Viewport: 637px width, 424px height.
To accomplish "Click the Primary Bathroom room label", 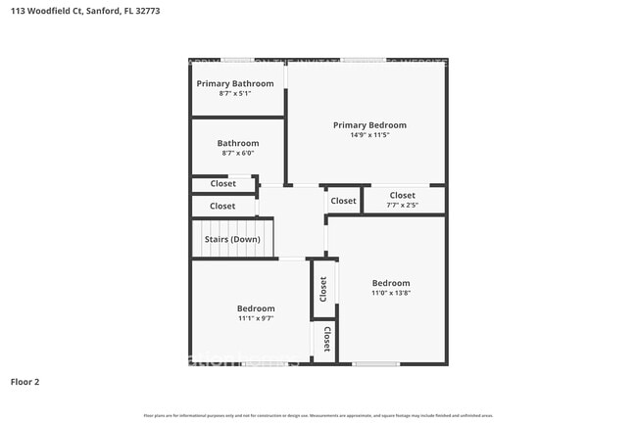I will tap(235, 83).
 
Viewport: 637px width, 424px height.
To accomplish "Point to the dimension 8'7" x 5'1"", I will tap(235, 94).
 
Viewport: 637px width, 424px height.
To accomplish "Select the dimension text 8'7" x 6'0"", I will tap(238, 154).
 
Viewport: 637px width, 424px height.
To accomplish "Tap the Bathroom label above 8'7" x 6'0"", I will tap(238, 143).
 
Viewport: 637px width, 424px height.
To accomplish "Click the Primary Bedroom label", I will tap(369, 124).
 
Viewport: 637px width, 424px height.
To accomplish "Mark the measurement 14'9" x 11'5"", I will tap(369, 136).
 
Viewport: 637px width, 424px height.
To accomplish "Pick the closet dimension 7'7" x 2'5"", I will tap(403, 206).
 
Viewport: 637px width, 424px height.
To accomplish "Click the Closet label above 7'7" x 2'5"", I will tap(403, 195).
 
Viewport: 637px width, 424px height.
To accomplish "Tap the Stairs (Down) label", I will tap(232, 239).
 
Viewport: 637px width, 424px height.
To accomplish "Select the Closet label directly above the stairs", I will tap(222, 206).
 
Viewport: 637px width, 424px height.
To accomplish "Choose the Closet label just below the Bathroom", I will tap(222, 183).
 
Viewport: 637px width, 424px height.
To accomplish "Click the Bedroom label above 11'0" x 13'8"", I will tap(390, 282).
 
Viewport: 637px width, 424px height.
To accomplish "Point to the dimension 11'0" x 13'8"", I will tap(390, 293).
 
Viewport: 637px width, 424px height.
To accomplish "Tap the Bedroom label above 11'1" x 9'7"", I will tap(256, 307).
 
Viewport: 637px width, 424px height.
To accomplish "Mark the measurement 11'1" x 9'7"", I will tap(256, 318).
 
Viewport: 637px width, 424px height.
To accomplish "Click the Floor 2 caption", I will tap(24, 381).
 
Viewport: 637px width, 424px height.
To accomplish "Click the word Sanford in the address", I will tap(104, 11).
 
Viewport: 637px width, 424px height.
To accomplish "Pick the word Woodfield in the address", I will tap(49, 11).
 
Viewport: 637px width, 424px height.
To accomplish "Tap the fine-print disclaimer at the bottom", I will tap(318, 415).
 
